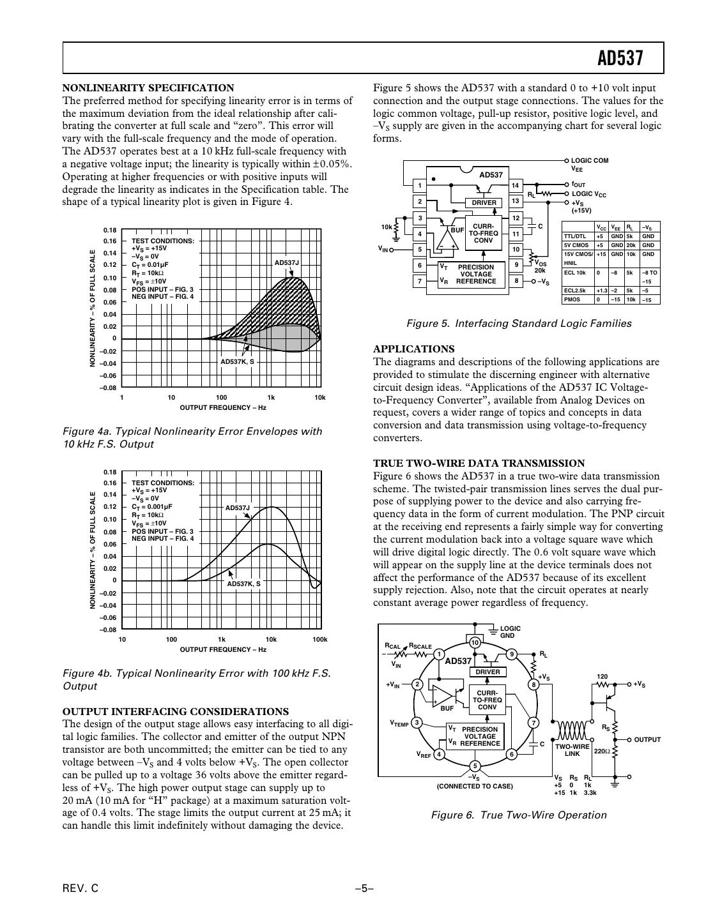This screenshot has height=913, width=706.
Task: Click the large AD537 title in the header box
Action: [620, 59]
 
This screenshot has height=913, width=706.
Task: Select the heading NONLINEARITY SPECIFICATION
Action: [148, 88]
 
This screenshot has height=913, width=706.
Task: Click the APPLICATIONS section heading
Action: [413, 349]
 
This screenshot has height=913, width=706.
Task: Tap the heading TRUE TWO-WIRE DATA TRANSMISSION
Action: [479, 464]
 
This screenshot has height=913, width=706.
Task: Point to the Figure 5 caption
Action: [518, 324]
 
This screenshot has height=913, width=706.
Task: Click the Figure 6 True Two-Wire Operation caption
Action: [518, 815]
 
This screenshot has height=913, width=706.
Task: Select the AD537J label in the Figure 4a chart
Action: [286, 263]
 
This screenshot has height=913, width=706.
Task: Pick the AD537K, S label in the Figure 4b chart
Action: [244, 584]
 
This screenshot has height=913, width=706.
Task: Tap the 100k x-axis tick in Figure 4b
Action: [319, 640]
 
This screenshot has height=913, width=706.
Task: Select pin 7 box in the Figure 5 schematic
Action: [420, 281]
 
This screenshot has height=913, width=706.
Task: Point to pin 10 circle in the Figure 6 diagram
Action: [475, 642]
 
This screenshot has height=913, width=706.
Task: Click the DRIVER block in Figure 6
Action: [487, 672]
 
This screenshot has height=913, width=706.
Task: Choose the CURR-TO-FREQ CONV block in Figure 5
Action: [484, 234]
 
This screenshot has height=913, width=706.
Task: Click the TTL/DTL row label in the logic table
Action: [574, 236]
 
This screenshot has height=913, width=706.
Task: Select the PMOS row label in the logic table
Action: [571, 299]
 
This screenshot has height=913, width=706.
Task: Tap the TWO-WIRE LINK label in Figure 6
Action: [572, 750]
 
